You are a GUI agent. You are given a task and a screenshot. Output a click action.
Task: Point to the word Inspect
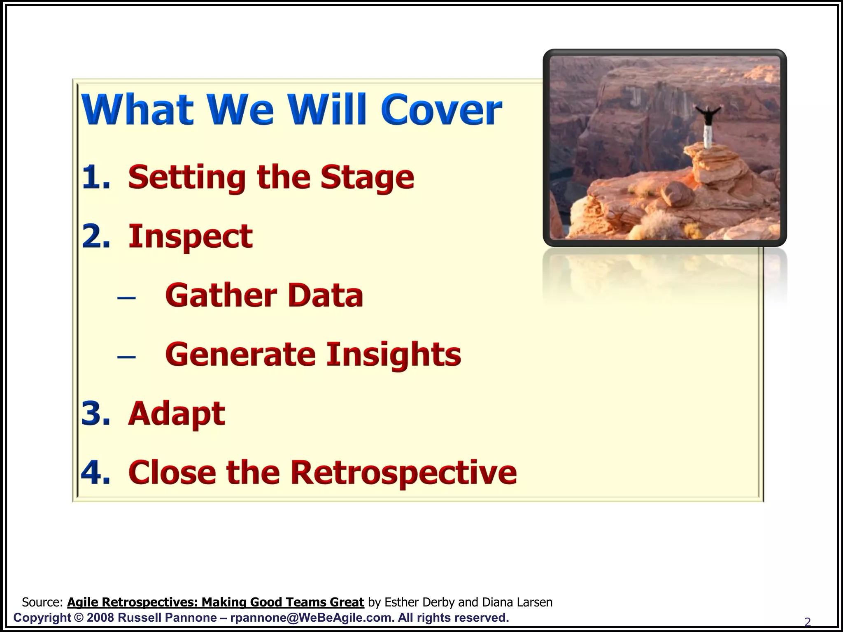(190, 237)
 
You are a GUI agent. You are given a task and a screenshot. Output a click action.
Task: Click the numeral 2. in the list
(96, 237)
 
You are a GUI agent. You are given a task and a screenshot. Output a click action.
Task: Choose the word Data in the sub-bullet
(325, 295)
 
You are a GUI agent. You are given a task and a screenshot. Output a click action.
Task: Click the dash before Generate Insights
(126, 356)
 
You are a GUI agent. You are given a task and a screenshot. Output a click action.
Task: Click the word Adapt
(177, 414)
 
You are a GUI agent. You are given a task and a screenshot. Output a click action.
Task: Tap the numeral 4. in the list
(96, 472)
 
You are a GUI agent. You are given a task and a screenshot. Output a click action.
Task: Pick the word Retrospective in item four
(403, 472)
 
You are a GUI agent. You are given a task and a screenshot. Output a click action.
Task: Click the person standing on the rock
(708, 125)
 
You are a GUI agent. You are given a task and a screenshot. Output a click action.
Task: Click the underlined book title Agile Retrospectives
(215, 602)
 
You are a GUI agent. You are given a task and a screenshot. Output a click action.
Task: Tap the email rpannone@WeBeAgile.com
(310, 618)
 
